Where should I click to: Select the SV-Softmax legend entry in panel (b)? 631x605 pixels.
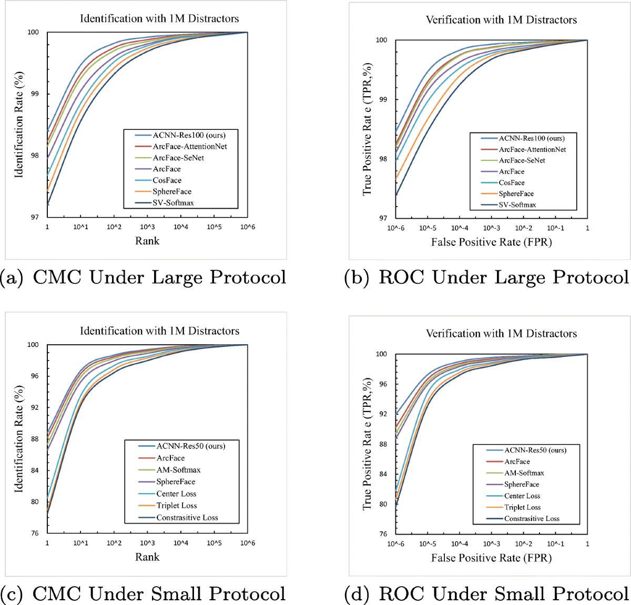pos(517,205)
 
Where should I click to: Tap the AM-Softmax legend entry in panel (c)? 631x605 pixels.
pos(178,470)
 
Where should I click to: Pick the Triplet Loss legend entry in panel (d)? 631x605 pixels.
pos(522,507)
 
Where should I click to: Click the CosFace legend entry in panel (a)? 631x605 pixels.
pos(167,180)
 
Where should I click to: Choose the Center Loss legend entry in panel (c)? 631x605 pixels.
pos(176,494)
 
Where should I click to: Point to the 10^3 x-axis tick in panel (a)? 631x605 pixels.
pos(147,227)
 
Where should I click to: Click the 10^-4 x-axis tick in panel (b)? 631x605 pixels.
pos(460,228)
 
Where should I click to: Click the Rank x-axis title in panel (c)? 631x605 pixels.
pos(147,557)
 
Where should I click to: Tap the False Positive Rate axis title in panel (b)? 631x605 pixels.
pos(491,242)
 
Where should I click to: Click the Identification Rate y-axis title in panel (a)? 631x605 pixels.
pos(19,125)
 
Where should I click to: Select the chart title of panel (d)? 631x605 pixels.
pos(501,334)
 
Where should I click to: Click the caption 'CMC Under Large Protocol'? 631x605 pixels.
pos(159,278)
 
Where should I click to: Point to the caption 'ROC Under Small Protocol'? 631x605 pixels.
pos(504,594)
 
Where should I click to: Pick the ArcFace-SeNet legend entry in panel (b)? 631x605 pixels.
pos(522,160)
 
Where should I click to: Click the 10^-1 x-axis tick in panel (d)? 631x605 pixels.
pos(555,544)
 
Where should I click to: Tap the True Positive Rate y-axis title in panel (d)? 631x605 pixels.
pos(367,444)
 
